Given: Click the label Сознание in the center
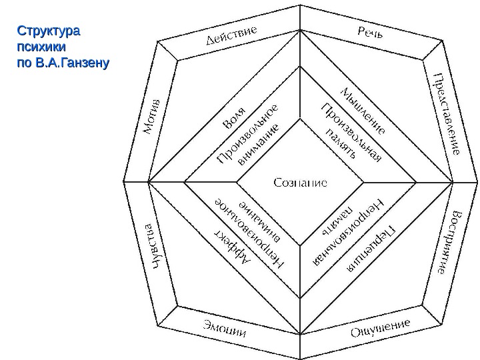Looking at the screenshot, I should click(300, 182).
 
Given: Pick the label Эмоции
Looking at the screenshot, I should click(225, 329).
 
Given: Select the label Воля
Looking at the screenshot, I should click(233, 116).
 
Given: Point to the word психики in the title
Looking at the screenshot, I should click(38, 48).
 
